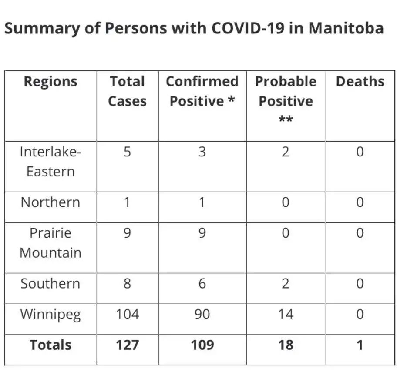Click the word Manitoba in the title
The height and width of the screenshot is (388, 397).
(x=346, y=29)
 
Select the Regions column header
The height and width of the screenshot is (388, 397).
(x=50, y=82)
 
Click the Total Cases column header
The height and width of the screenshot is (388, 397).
(x=127, y=91)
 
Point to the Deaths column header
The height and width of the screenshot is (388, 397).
(x=360, y=82)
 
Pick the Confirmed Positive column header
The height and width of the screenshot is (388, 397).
(x=202, y=91)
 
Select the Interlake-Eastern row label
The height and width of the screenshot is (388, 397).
(x=50, y=162)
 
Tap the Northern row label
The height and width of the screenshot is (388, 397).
(x=50, y=202)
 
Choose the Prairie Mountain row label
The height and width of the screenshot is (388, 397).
(x=50, y=243)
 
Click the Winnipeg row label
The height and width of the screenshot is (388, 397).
(x=50, y=315)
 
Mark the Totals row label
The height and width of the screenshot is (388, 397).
(x=50, y=345)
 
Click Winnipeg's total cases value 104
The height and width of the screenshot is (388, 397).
(x=127, y=314)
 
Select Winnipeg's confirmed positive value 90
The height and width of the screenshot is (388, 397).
(x=202, y=314)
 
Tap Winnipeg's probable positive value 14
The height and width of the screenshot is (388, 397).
(x=286, y=314)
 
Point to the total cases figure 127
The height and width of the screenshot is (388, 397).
(x=127, y=345)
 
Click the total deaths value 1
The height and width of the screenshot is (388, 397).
(x=360, y=345)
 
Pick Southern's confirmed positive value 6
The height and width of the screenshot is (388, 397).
(x=202, y=284)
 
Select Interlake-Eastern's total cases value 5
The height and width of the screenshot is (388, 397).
(x=127, y=152)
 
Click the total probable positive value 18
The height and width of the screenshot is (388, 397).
(x=286, y=345)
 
